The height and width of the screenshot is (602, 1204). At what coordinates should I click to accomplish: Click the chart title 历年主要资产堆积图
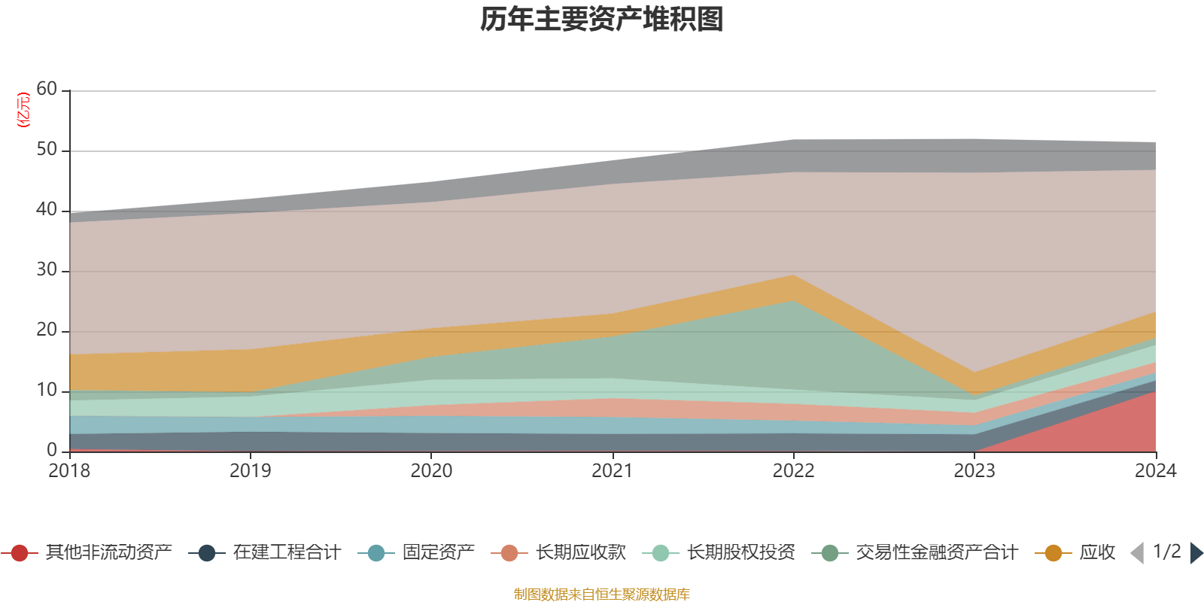click(x=602, y=20)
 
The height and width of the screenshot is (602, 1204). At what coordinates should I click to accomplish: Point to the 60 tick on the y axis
click(x=47, y=90)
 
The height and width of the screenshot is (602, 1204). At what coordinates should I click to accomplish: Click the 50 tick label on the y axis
click(x=47, y=150)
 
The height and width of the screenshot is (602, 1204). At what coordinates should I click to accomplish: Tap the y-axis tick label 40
click(x=47, y=210)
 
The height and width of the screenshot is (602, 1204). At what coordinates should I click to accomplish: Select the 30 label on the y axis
click(x=47, y=270)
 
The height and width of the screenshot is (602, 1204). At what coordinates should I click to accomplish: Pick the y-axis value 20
click(x=47, y=330)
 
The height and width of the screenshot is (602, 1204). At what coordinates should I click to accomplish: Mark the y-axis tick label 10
click(x=47, y=391)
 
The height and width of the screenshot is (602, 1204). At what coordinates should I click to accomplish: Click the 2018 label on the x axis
click(x=69, y=471)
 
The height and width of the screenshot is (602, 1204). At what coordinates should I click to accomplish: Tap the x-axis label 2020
click(x=431, y=471)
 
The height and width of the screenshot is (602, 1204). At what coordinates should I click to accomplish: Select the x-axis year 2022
click(x=793, y=471)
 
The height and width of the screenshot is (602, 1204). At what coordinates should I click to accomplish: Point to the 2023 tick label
click(x=974, y=471)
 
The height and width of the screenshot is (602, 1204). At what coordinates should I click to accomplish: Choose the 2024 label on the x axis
click(x=1155, y=471)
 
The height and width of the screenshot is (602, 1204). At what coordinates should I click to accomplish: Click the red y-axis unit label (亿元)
click(x=23, y=110)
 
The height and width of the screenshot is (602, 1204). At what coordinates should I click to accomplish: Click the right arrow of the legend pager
click(x=1196, y=553)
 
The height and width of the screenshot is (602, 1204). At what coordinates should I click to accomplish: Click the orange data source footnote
click(x=602, y=594)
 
